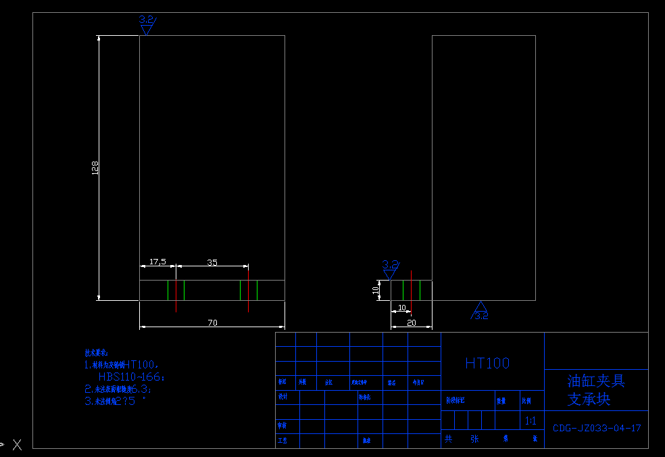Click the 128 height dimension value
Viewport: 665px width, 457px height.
[x=95, y=168]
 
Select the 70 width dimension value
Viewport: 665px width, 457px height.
[x=212, y=323]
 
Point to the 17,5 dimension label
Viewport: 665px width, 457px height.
[x=157, y=262]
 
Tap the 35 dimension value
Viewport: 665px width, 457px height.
[x=212, y=262]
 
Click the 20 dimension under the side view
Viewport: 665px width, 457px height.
[x=412, y=323]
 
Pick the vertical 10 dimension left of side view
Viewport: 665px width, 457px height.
[x=376, y=290]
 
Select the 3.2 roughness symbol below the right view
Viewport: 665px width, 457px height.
[x=481, y=312]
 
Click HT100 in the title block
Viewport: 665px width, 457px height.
[x=487, y=363]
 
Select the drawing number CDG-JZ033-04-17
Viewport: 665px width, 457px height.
[x=597, y=428]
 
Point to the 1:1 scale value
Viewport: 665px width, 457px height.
[x=531, y=421]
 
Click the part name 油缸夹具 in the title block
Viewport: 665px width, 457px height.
[x=596, y=381]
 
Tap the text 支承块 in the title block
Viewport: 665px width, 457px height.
[x=589, y=399]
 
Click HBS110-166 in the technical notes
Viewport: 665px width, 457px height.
[x=131, y=377]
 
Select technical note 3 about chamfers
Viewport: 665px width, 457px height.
[x=115, y=401]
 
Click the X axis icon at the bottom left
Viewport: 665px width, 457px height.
[x=16, y=444]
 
